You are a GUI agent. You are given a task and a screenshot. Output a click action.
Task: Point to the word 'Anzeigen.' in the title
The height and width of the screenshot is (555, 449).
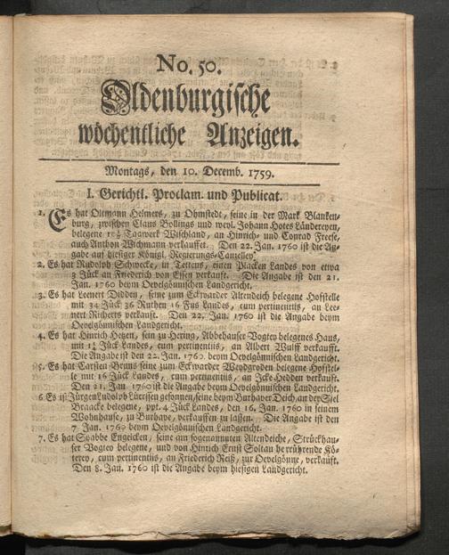click(x=249, y=135)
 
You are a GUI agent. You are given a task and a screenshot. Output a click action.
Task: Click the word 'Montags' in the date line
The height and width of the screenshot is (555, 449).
click(x=130, y=169)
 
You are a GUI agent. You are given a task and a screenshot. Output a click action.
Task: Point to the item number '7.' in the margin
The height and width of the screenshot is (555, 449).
click(x=42, y=439)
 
